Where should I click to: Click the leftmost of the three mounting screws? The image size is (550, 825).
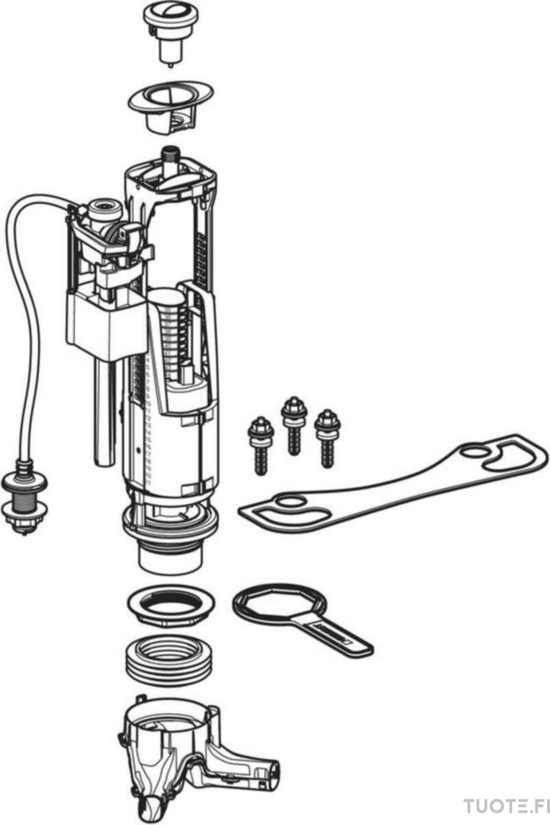pyautogui.click(x=261, y=446)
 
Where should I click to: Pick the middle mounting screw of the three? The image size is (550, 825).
pyautogui.click(x=294, y=426)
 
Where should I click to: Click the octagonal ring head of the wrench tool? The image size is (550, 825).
pyautogui.click(x=279, y=602)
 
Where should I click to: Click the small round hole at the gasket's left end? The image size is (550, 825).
pyautogui.click(x=291, y=501)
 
